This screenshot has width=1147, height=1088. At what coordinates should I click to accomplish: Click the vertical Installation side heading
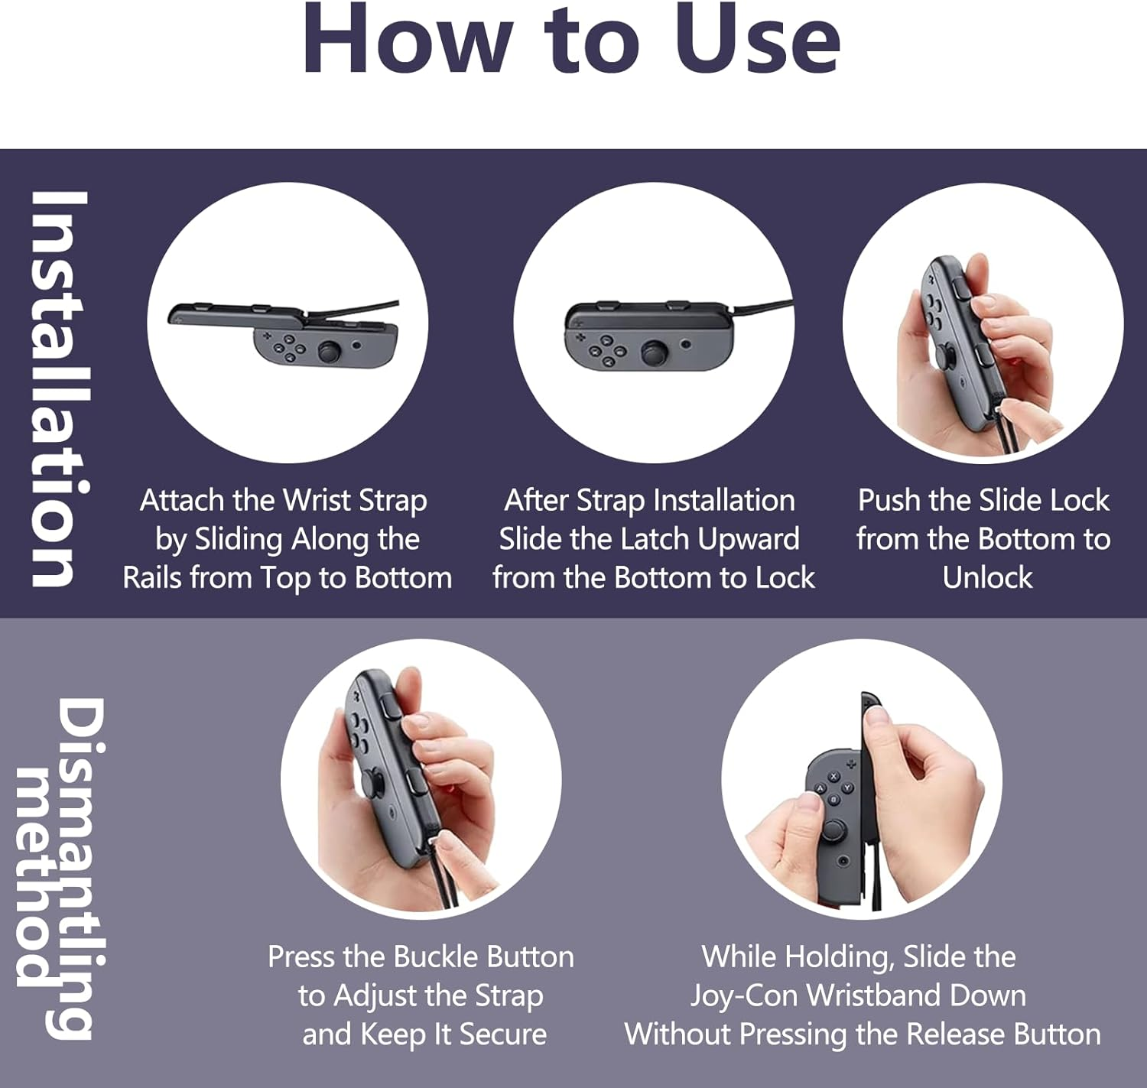point(60,388)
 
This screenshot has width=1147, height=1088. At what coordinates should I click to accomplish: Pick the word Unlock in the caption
point(987,577)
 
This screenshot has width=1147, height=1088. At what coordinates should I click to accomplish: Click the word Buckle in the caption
point(435,956)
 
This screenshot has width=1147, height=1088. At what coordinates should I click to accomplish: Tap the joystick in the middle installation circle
point(654,352)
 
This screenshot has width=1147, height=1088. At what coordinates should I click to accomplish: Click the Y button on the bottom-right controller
point(847,788)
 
